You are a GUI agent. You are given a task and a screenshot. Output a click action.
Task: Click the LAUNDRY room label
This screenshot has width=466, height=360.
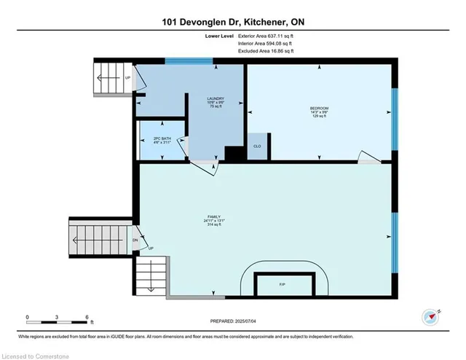point(215,98)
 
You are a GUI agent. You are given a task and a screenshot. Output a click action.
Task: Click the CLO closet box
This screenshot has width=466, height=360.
point(257,146)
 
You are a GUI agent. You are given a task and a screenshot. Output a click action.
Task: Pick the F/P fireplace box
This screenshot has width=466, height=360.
point(283,283)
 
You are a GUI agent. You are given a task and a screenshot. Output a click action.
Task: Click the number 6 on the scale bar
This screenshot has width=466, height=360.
point(87,318)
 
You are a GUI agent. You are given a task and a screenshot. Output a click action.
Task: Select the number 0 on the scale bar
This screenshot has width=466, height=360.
point(27,318)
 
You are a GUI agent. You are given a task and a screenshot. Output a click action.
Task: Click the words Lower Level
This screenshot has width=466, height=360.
point(220,34)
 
